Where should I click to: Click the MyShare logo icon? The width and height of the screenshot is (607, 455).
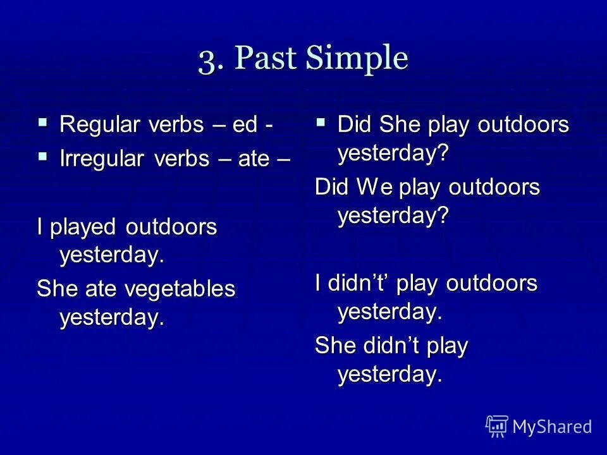pyautogui.click(x=497, y=427)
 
